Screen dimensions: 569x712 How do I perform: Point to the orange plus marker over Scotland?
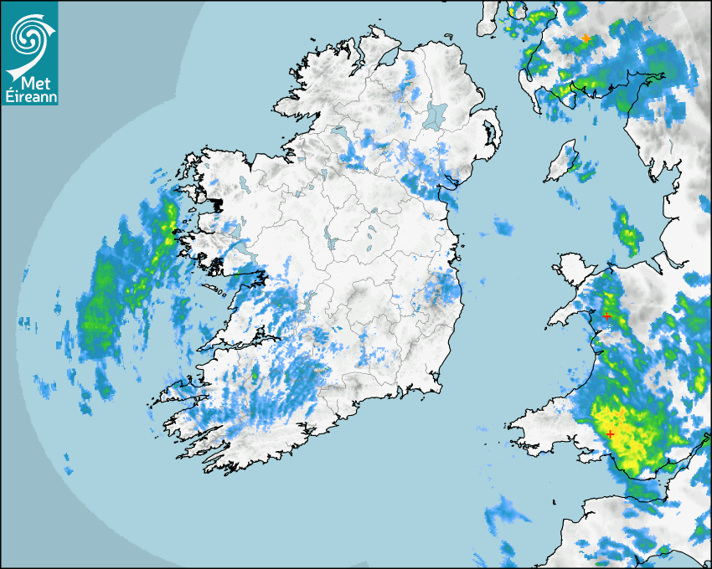pyautogui.click(x=586, y=38)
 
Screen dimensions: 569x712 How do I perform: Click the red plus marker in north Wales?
pyautogui.click(x=606, y=316)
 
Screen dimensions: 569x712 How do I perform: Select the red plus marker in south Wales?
pyautogui.click(x=611, y=433)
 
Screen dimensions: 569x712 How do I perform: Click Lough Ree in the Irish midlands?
pyautogui.click(x=333, y=243)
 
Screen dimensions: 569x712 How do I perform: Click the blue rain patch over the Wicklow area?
pyautogui.click(x=440, y=289)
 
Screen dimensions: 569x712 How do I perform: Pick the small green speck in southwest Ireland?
pyautogui.click(x=255, y=376)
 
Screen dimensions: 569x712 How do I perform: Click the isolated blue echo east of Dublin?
pyautogui.click(x=503, y=226)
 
